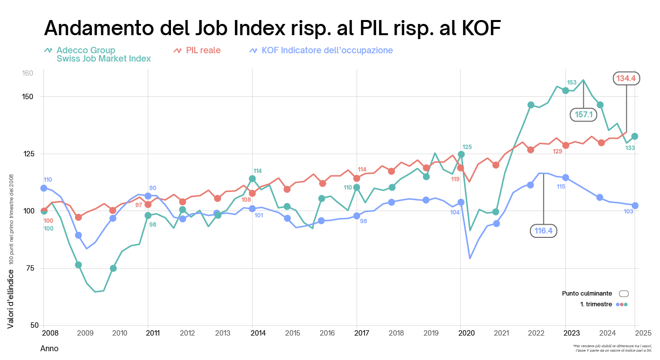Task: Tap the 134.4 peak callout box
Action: [627, 78]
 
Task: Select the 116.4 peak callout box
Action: [544, 231]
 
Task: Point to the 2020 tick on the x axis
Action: [467, 333]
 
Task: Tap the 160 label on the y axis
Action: [27, 73]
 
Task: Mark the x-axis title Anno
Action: [49, 349]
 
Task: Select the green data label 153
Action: [572, 83]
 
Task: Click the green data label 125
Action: [467, 147]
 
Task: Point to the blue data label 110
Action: [48, 180]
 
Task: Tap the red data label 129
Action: [557, 151]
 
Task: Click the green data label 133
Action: [630, 148]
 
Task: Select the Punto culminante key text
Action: [587, 294]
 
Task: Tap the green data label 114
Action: [257, 171]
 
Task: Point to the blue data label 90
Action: [152, 188]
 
